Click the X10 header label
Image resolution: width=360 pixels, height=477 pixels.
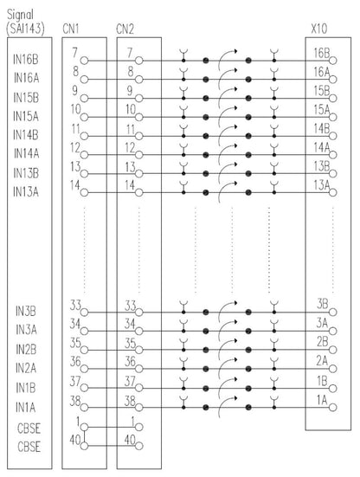click(319, 29)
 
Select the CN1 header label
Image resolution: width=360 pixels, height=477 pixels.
click(71, 29)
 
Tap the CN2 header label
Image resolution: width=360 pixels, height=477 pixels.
click(125, 29)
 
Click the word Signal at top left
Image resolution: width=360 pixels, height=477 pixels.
click(20, 15)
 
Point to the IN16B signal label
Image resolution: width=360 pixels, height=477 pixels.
click(26, 60)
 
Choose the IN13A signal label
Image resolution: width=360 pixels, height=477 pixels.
click(26, 192)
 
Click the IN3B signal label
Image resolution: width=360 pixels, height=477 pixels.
click(26, 312)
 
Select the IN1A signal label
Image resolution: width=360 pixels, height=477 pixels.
click(26, 407)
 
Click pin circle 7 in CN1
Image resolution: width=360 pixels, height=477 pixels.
click(84, 61)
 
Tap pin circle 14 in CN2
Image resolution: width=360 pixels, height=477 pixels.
click(139, 192)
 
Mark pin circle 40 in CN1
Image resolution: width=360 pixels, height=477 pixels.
click(84, 446)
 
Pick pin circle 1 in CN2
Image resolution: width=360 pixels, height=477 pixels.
click(139, 427)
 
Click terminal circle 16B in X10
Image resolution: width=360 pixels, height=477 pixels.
click(333, 61)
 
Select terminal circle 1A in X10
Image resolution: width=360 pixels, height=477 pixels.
click(333, 407)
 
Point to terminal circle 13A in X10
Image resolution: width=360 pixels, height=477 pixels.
click(333, 192)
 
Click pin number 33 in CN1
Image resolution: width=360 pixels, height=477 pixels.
click(75, 305)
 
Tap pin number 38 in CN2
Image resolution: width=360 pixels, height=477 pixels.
click(130, 401)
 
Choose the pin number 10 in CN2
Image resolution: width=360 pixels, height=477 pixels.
click(131, 110)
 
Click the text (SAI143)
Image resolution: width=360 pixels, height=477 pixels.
click(25, 29)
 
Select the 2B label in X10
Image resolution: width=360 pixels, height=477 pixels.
click(322, 342)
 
